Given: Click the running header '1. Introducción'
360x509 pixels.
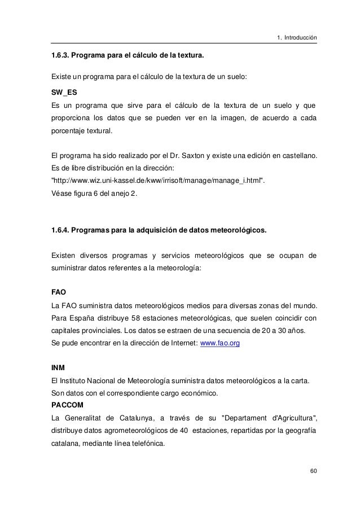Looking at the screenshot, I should pos(296,38).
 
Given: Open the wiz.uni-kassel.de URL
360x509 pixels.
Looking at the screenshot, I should pos(156,180).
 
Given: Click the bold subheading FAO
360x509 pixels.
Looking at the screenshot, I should pos(59,292).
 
